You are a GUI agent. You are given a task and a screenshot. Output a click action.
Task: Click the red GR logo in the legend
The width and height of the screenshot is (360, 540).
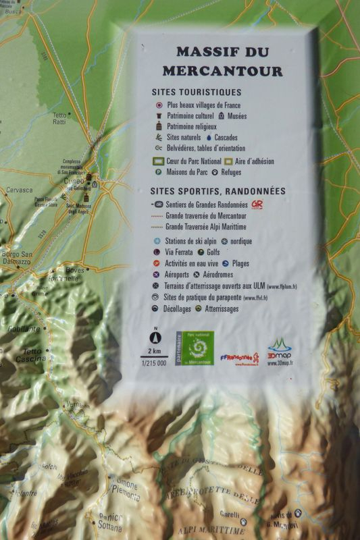click(257, 204)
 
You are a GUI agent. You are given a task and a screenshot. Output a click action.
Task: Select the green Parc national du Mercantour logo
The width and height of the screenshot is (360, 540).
click(195, 349)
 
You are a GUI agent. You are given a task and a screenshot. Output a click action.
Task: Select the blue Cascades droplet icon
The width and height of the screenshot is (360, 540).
click(209, 137)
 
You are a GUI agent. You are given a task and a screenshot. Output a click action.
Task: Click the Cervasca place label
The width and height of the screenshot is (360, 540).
click(19, 190)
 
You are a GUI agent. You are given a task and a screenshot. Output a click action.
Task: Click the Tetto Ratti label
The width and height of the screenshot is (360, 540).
click(60, 119)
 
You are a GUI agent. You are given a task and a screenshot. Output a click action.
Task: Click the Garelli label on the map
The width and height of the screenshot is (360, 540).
click(229, 513)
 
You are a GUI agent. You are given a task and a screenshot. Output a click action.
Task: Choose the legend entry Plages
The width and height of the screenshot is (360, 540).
click(245, 263)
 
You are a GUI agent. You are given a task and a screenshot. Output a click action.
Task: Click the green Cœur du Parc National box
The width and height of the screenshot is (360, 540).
click(159, 161)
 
